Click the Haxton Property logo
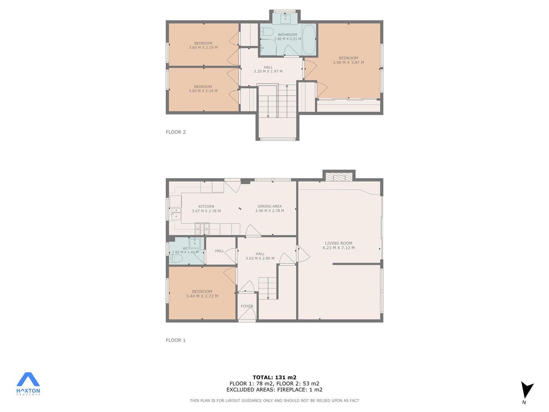click(x=28, y=384)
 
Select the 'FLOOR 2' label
click(x=176, y=132)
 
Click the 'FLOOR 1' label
click(x=176, y=340)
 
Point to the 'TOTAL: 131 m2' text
click(x=274, y=377)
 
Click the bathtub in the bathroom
click(x=309, y=40)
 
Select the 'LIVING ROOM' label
click(x=339, y=243)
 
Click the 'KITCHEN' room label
click(x=206, y=206)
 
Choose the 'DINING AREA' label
click(x=270, y=206)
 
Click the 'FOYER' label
click(x=247, y=306)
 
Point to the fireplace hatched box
click(x=339, y=177)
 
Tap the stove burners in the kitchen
click(x=202, y=229)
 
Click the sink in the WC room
click(x=194, y=242)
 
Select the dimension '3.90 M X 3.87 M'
click(x=348, y=63)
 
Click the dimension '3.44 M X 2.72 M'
click(x=202, y=296)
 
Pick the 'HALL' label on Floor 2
click(x=268, y=67)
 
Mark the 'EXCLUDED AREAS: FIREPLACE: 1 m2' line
click(x=274, y=390)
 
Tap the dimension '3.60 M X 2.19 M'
click(x=203, y=48)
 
